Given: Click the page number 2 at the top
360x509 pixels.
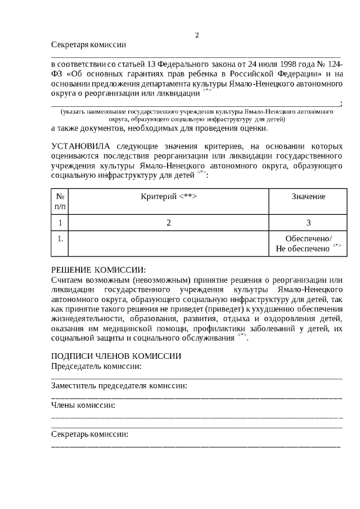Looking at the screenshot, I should click(197, 35).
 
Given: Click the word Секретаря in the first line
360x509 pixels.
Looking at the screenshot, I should click(69, 44).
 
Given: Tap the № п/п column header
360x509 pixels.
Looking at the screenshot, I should click(60, 201).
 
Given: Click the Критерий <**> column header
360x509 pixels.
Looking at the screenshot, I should click(168, 196).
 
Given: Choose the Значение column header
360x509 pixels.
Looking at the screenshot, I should click(308, 196).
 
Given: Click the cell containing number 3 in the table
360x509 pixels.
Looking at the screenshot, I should click(308, 223).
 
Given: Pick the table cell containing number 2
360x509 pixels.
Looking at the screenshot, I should click(168, 223).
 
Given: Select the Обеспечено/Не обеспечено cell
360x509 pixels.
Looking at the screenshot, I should click(308, 243).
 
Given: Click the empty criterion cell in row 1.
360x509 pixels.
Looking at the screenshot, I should click(168, 243).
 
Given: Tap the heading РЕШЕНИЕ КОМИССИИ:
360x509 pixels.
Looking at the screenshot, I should click(98, 271).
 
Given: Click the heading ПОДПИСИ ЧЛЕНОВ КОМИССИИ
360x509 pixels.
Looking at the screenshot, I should click(116, 357).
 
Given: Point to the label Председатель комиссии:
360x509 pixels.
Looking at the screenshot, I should click(96, 366).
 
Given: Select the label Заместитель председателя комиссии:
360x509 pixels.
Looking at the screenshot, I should click(119, 386).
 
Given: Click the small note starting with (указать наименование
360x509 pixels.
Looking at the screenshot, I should click(197, 115).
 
